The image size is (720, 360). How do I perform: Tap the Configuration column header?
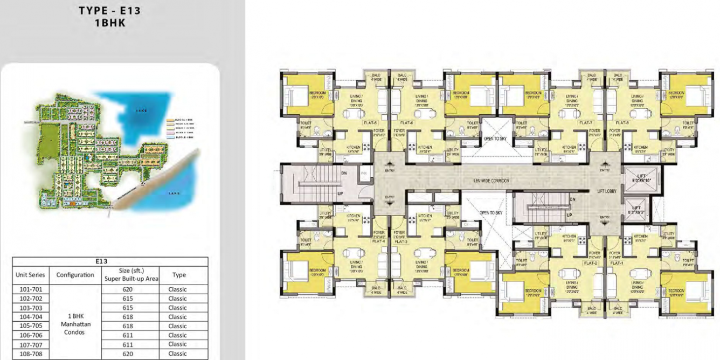(x=75, y=275)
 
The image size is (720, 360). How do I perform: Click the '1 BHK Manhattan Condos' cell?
(x=75, y=321)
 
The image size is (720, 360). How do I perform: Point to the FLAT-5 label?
(x=369, y=123)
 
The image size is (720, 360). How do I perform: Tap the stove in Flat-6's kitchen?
(x=412, y=141)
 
